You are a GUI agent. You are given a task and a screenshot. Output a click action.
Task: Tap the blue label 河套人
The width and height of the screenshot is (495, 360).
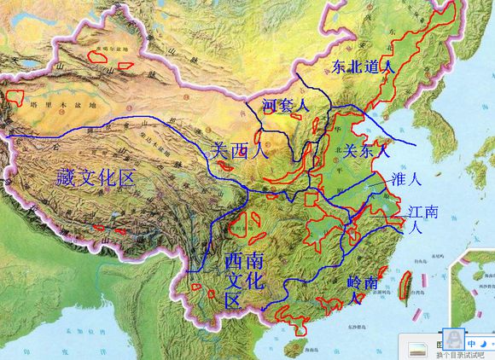point(283,105)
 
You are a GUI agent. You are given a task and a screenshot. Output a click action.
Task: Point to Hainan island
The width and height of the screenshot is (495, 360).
point(294,345)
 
